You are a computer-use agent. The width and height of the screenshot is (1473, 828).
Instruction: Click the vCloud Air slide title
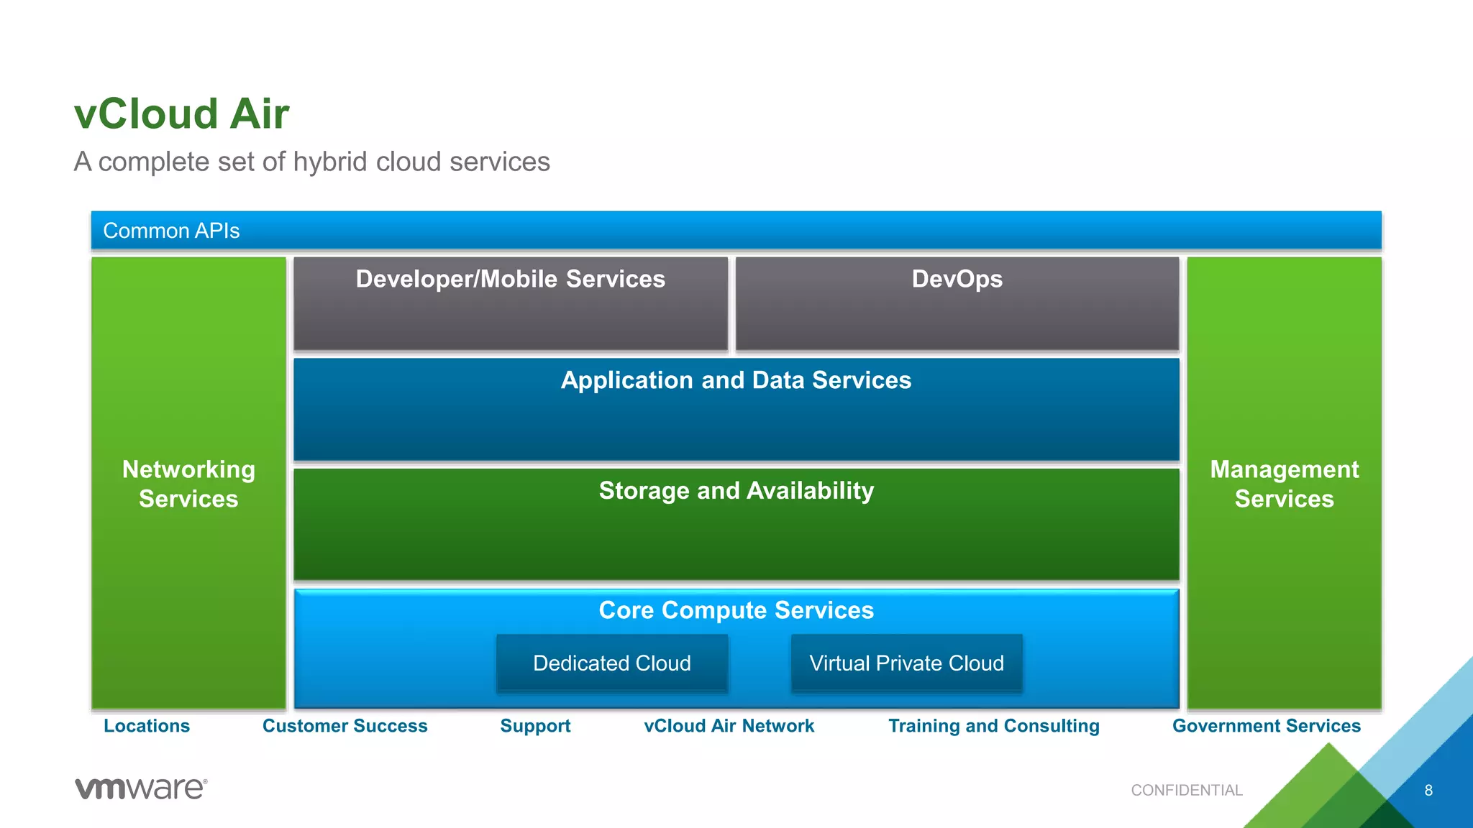(181, 114)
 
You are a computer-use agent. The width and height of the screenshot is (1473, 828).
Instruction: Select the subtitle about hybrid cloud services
(311, 162)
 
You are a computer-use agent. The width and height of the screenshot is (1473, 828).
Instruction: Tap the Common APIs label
(171, 231)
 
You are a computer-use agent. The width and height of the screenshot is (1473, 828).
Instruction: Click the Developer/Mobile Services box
(510, 303)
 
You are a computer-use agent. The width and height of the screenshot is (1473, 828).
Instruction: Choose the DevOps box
(957, 303)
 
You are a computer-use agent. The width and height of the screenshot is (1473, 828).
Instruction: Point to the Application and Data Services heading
(736, 380)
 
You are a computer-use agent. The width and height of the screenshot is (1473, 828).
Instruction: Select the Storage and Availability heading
(736, 490)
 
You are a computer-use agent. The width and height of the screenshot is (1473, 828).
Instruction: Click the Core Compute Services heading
(736, 610)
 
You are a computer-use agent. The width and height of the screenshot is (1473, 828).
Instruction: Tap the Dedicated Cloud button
(612, 663)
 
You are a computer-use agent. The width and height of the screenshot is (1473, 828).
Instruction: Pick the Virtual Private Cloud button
(906, 663)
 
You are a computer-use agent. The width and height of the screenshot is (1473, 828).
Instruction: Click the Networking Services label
(188, 484)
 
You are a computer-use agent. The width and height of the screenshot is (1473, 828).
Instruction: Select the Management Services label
(1284, 484)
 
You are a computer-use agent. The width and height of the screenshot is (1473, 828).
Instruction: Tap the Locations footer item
(147, 726)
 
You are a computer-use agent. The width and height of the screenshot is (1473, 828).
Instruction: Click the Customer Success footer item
(345, 726)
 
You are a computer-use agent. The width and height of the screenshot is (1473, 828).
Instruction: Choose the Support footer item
(535, 726)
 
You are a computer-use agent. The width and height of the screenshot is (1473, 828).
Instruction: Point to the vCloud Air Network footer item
(729, 726)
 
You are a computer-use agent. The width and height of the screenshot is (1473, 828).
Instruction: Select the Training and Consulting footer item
(993, 726)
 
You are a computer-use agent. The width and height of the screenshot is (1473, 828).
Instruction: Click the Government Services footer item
(1266, 726)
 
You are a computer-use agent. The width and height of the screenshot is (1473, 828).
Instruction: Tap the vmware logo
(141, 788)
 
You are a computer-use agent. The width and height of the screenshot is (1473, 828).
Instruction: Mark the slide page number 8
(1428, 791)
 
